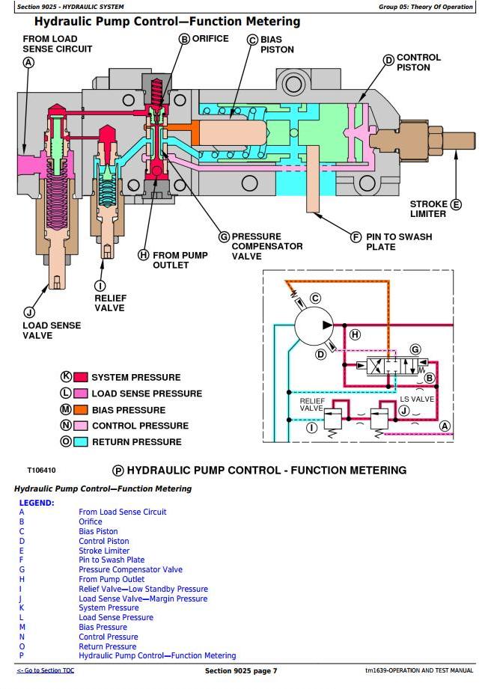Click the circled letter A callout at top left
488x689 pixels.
pos(28,63)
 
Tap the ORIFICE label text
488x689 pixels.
pos(210,39)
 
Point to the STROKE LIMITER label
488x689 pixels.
pos(428,209)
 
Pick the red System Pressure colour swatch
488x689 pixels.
pos(80,378)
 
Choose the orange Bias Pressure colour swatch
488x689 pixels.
pos(80,410)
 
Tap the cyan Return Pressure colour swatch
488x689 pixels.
pos(80,442)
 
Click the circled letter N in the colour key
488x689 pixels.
pos(66,426)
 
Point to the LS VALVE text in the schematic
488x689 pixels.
pos(417,399)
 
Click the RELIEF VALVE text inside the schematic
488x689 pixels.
pos(311,405)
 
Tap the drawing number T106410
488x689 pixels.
pos(41,471)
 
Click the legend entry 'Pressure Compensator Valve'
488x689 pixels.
pos(130,569)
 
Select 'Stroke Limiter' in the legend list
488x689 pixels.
pos(104,551)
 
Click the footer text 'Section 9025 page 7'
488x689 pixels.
pos(241,671)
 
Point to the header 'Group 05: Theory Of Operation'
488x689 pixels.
pos(425,7)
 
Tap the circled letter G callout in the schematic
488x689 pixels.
pos(416,349)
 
